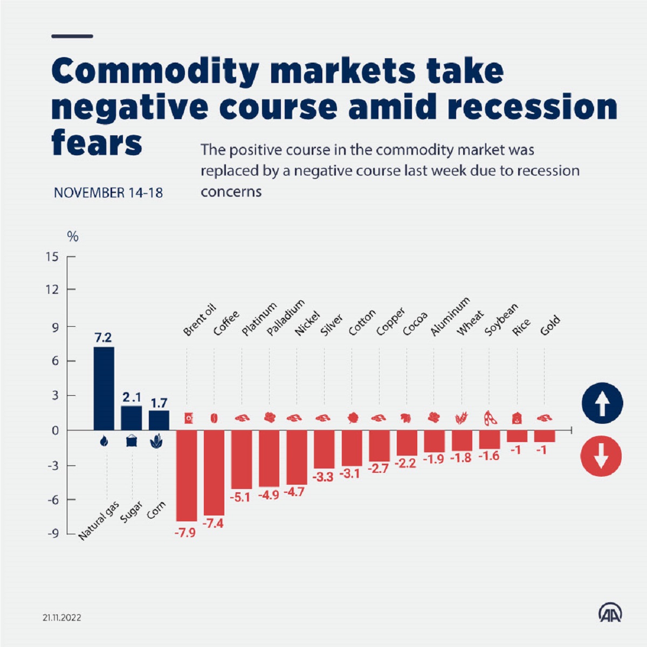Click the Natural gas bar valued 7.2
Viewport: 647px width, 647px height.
104,388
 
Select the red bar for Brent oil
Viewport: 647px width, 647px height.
187,475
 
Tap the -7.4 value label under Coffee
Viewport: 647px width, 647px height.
213,523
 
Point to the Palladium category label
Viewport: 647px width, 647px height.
286,318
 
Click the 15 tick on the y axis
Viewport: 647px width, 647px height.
52,257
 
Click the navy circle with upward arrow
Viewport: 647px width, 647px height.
602,403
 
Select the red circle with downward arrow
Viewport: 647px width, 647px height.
601,456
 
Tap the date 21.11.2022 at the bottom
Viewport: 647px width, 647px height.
62,617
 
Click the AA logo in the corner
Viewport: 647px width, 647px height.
610,612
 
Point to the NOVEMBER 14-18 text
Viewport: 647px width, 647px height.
108,192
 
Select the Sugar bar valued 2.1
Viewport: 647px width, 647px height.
131,418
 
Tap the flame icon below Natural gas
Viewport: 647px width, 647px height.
104,442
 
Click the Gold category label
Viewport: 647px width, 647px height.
550,326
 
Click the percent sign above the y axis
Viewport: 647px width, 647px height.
73,237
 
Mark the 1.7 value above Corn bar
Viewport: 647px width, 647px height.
159,403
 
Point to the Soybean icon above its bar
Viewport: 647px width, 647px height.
490,418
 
